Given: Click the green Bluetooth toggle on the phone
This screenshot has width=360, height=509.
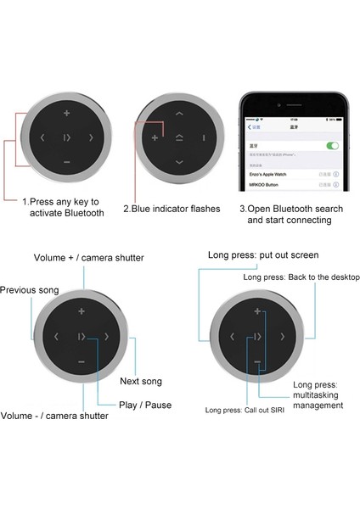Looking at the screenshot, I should [332, 146].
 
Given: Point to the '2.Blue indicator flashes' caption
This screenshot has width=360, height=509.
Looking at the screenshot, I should [172, 208].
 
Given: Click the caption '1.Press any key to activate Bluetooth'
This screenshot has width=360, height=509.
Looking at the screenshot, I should [64, 207].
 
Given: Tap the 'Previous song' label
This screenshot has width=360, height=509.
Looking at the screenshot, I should [30, 290].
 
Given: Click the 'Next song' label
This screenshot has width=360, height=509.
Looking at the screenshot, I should [140, 381].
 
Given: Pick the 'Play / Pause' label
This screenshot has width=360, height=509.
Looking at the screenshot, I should [145, 405].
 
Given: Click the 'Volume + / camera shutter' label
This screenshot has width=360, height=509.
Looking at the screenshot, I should [88, 257].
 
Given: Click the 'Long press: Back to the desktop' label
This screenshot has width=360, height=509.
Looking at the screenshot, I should [301, 277].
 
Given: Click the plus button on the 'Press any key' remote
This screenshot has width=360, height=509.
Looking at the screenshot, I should [67, 112].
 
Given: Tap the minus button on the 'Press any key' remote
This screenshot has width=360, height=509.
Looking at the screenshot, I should [67, 161].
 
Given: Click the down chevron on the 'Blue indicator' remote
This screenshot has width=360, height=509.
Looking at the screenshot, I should [178, 162].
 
